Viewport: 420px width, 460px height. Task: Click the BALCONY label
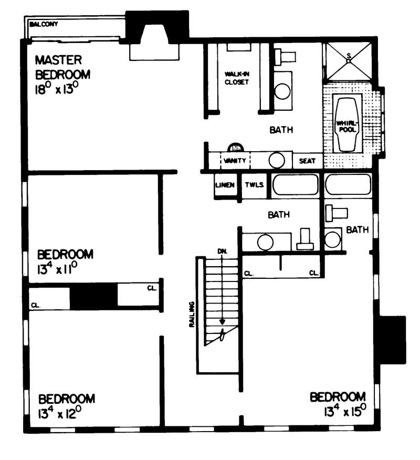click(44, 24)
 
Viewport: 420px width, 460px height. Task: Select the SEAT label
click(307, 161)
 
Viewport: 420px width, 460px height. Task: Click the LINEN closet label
click(228, 185)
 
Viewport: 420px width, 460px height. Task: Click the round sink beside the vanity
click(277, 160)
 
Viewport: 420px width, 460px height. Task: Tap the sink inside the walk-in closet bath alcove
click(283, 91)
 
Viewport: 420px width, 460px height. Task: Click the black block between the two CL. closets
click(93, 296)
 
